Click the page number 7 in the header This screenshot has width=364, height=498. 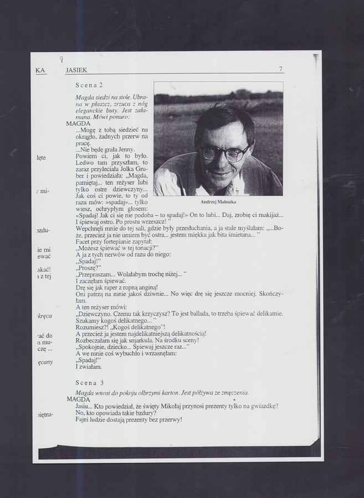point(281,69)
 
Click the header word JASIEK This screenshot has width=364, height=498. point(76,70)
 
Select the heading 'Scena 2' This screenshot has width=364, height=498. point(89,85)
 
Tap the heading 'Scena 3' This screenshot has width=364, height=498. point(89,382)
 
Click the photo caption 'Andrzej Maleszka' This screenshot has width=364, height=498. point(218,202)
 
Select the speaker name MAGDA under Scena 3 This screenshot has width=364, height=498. point(78,398)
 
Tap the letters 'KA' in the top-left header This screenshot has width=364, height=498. point(40,70)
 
